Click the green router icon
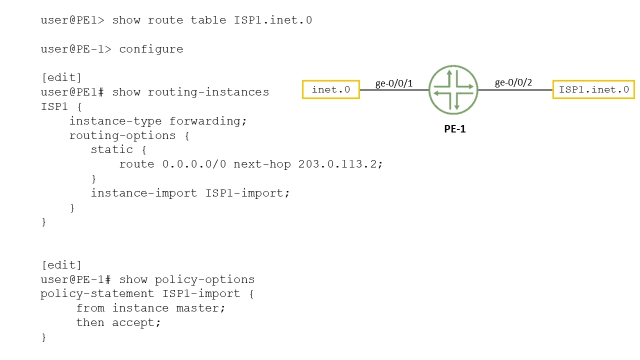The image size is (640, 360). (x=453, y=89)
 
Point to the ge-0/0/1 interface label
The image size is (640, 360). (x=394, y=83)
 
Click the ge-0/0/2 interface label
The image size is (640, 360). (x=513, y=82)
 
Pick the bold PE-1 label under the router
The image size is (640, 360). (x=455, y=129)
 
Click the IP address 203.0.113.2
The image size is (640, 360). (x=337, y=164)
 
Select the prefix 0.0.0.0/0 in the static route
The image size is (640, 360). (x=194, y=164)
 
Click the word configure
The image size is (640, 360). (x=151, y=49)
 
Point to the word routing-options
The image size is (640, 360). (x=122, y=135)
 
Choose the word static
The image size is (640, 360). (x=112, y=149)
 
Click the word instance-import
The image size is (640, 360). (x=144, y=193)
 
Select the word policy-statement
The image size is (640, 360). (x=97, y=294)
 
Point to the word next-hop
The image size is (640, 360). (x=262, y=164)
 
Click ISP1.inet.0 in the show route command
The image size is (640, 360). (x=273, y=20)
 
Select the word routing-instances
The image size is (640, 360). (x=208, y=92)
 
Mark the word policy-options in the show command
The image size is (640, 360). (x=204, y=279)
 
